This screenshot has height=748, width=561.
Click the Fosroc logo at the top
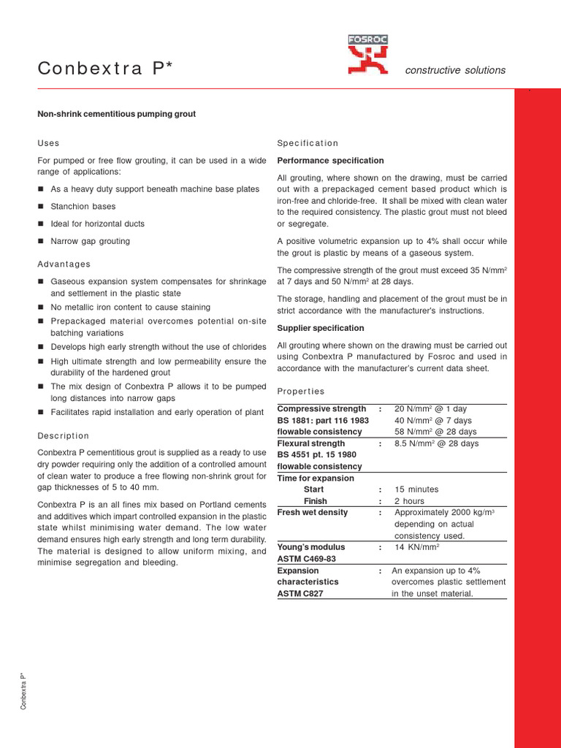point(368,56)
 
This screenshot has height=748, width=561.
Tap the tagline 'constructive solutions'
point(455,70)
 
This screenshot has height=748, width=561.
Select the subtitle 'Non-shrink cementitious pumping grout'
point(117,114)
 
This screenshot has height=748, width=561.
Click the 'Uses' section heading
point(48,143)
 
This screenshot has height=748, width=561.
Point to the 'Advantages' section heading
point(64,264)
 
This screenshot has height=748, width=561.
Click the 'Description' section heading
point(64,436)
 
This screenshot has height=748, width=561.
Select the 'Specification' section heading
point(308,143)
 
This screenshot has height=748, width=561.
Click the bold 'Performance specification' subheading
point(330,161)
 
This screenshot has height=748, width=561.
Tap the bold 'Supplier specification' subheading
point(321,328)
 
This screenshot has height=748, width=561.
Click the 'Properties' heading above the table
point(301,392)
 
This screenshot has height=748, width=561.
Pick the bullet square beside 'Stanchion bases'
point(42,207)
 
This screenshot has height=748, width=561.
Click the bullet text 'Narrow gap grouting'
point(91,241)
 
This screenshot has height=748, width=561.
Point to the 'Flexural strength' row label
point(311,443)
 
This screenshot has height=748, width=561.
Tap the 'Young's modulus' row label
point(311,547)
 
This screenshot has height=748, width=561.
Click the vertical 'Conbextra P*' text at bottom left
point(24,690)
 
